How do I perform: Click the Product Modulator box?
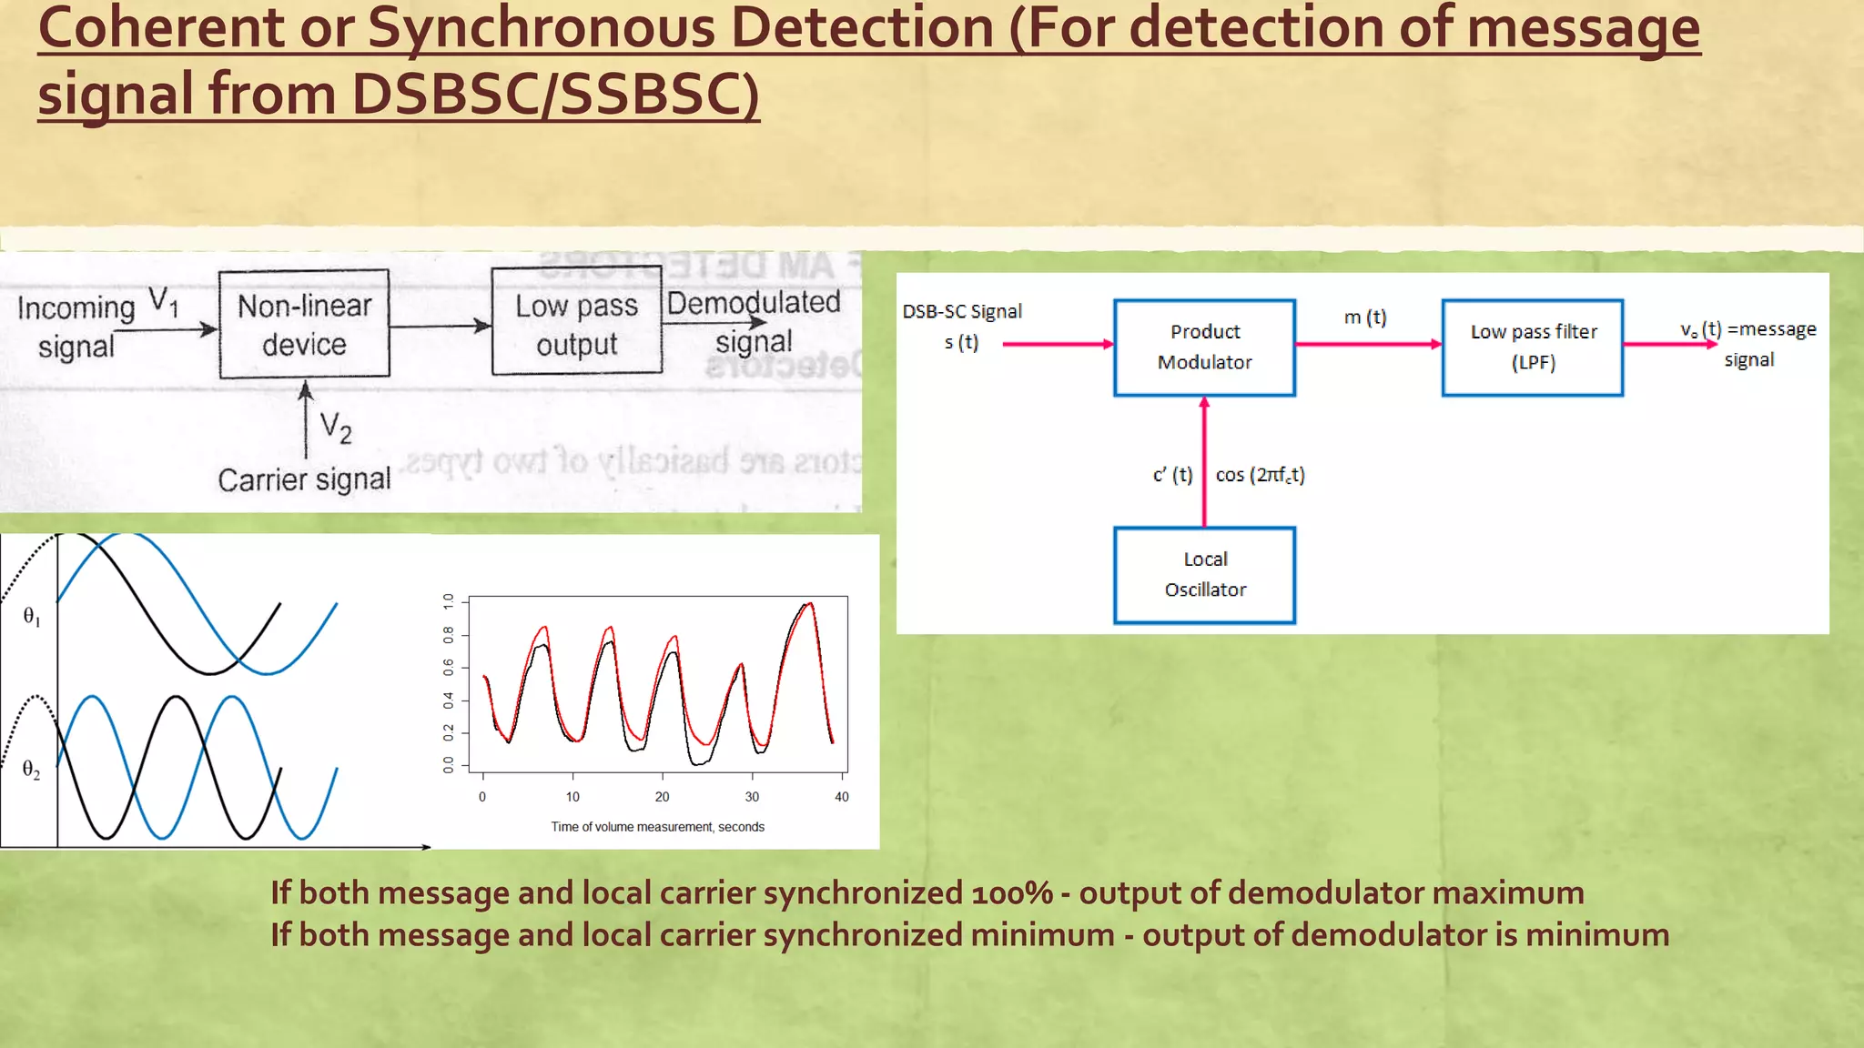[x=1204, y=348]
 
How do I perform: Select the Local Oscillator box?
[x=1204, y=575]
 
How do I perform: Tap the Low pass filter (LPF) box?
[x=1533, y=348]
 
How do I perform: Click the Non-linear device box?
[x=304, y=324]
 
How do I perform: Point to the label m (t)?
[x=1365, y=317]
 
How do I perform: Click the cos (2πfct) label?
[x=1261, y=475]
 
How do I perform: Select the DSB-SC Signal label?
[x=962, y=311]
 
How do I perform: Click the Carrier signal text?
[x=304, y=479]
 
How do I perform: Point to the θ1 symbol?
[x=31, y=617]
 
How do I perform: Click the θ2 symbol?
[x=31, y=770]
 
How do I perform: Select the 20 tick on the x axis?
[x=662, y=796]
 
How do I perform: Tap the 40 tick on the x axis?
[x=842, y=796]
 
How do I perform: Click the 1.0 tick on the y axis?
[x=449, y=601]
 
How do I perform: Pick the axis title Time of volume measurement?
[x=657, y=827]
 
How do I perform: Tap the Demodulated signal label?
[x=754, y=321]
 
